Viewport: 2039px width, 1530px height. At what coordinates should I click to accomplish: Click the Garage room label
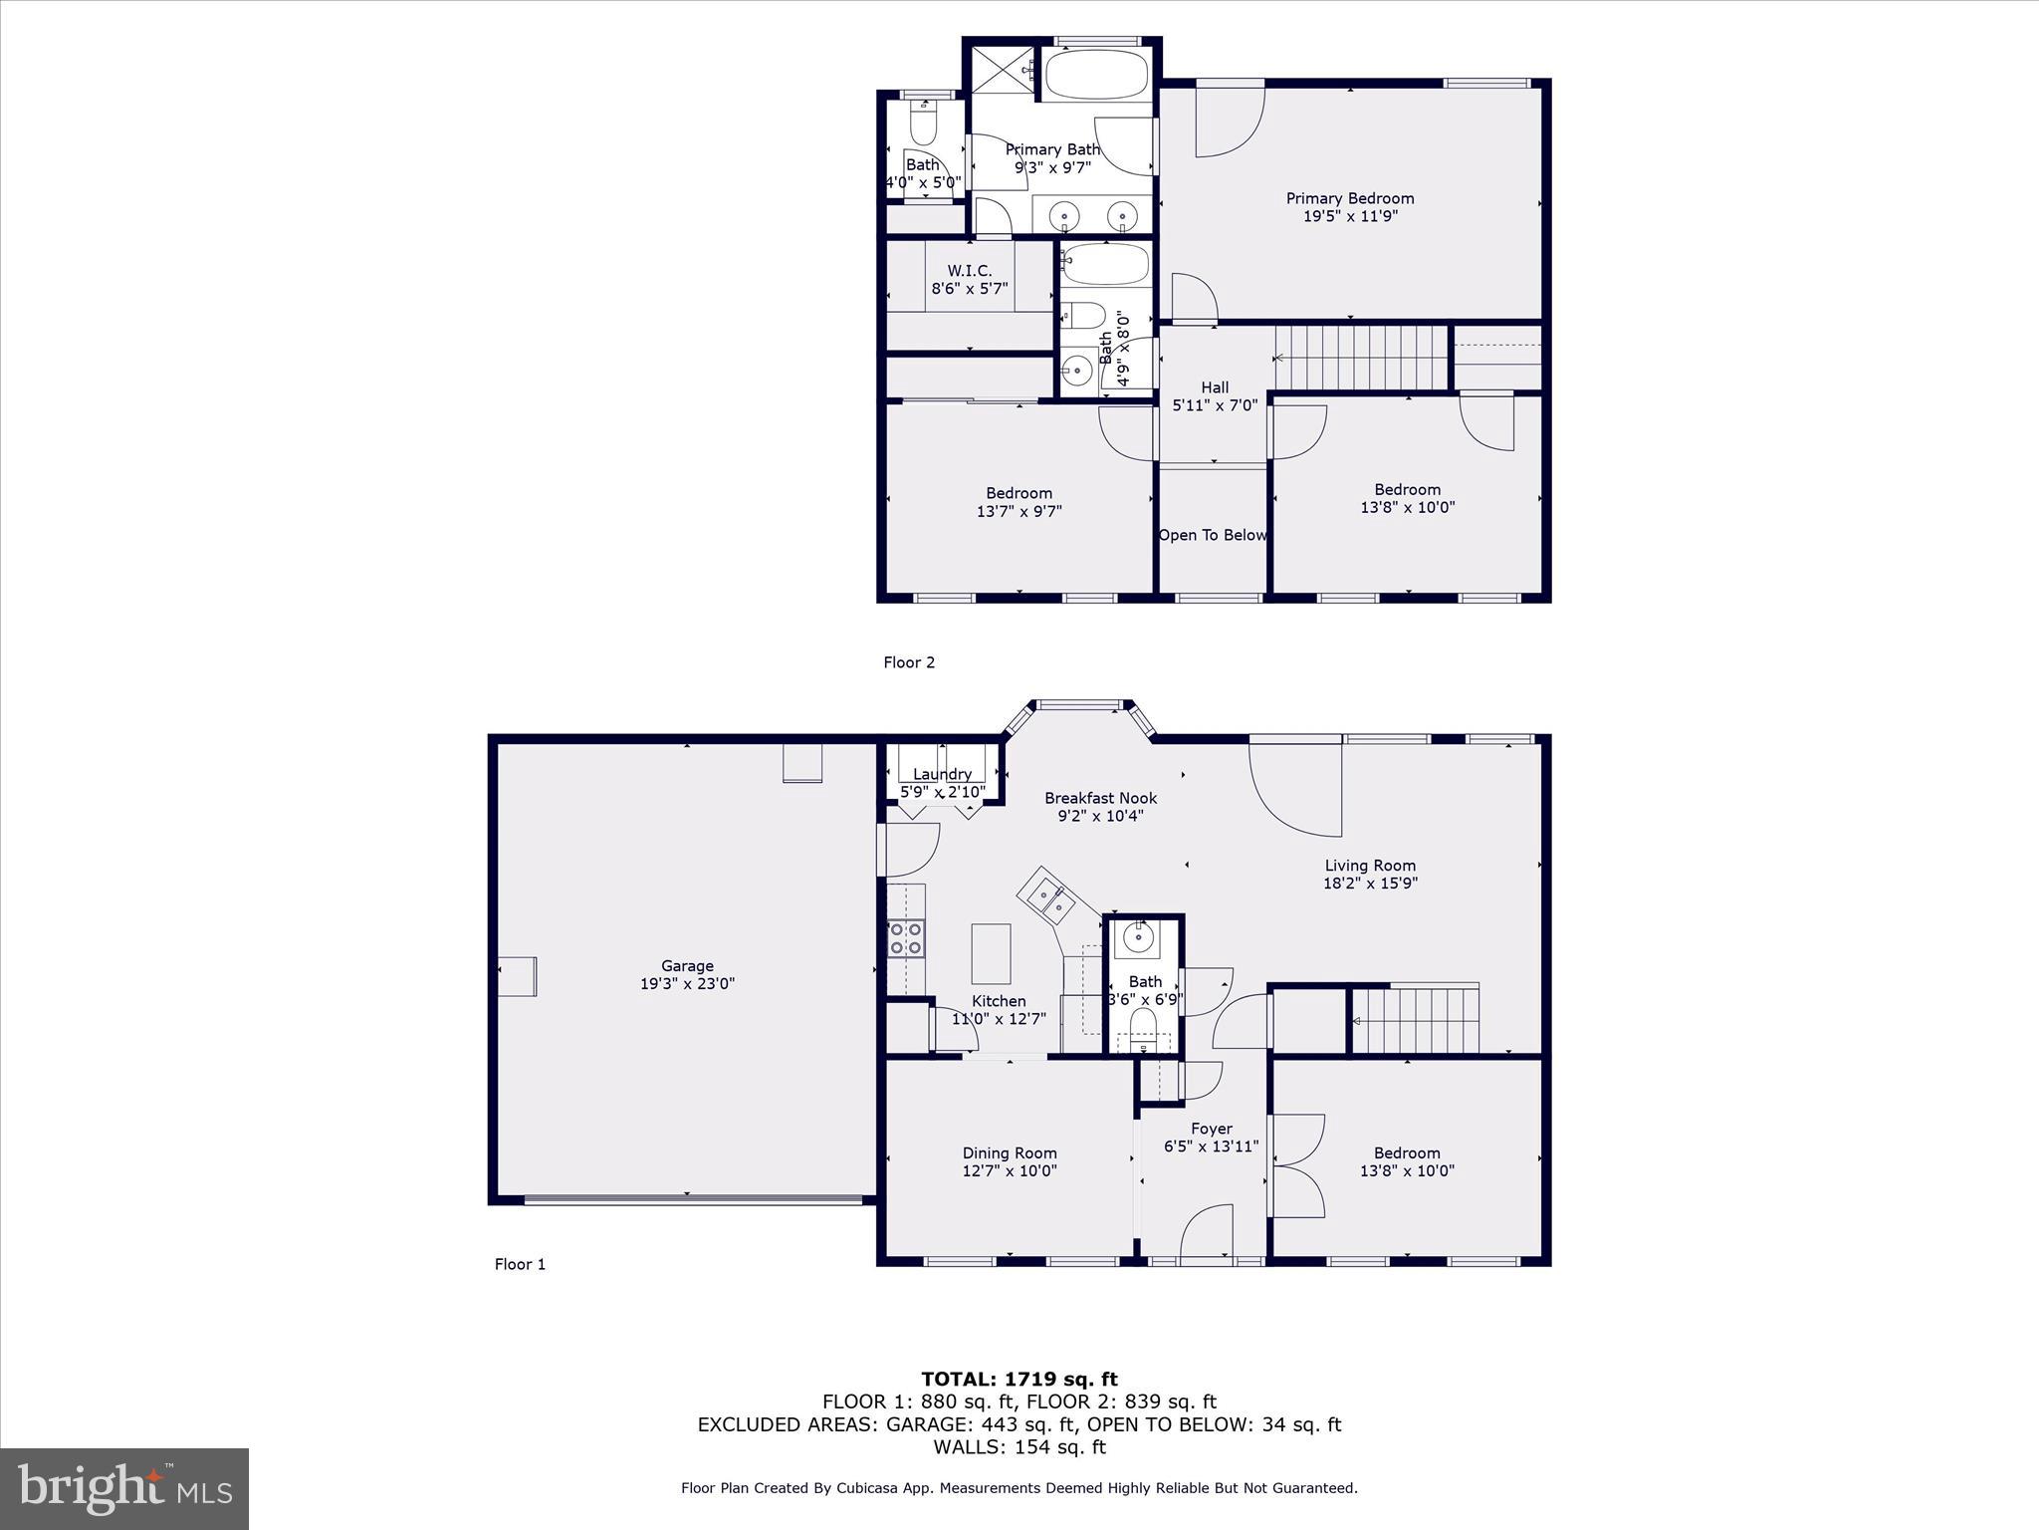(687, 965)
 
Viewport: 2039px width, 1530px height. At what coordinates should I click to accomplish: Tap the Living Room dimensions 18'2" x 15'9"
(1370, 883)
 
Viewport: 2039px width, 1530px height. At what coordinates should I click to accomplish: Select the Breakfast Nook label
(1100, 798)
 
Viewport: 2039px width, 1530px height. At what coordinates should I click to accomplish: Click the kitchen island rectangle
(991, 953)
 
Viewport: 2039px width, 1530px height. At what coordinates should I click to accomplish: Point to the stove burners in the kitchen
(906, 938)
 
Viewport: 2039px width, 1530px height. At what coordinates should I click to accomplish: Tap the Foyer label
(1212, 1129)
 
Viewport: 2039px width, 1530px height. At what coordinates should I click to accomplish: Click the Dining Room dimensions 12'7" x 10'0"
(1010, 1171)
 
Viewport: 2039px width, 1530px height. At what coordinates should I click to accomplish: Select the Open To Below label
(1212, 535)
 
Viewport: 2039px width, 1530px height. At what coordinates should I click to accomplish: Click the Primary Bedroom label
(1350, 198)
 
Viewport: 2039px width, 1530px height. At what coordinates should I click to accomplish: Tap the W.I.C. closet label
(970, 271)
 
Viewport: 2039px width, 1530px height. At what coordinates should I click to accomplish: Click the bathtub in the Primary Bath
(1095, 75)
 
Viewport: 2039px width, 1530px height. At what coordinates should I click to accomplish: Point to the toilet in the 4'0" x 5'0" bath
(924, 124)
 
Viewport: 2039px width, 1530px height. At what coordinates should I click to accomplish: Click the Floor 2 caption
(909, 662)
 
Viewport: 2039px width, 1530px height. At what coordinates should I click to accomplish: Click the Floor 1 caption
(520, 1264)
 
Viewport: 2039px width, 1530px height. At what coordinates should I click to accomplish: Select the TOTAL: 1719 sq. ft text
(1019, 1380)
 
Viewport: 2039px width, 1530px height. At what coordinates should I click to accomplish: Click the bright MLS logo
(124, 1489)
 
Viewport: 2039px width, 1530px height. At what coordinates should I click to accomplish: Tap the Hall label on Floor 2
(1215, 387)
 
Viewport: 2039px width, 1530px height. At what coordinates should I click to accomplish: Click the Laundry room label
(942, 774)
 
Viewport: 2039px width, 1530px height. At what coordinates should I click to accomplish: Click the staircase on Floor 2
(1362, 359)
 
